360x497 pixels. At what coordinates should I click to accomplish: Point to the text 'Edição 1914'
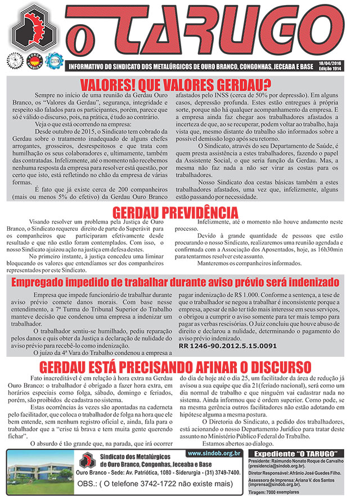tap(331, 69)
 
